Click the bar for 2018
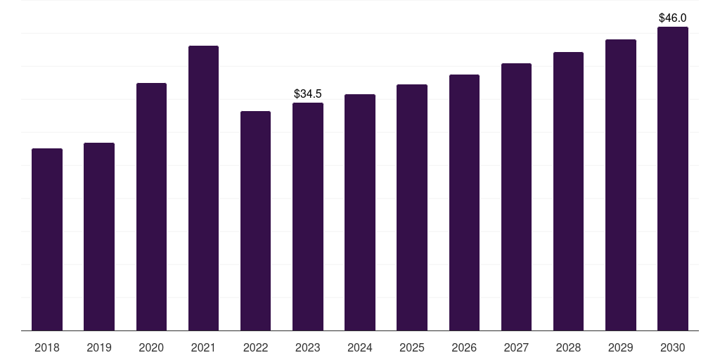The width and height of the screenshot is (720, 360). click(47, 239)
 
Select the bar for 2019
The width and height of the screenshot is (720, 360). click(99, 236)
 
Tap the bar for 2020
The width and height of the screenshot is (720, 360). click(151, 207)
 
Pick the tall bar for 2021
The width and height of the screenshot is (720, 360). click(203, 188)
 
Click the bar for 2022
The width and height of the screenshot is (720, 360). click(255, 221)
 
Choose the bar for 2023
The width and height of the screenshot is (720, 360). click(308, 217)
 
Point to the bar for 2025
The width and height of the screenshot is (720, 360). click(412, 207)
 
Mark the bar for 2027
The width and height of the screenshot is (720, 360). click(516, 197)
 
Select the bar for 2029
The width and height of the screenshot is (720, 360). click(620, 185)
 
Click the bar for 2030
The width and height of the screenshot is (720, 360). click(672, 179)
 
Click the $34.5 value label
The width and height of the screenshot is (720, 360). click(308, 94)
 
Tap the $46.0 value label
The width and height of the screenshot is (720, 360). click(672, 18)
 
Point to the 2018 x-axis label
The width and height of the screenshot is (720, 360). click(47, 347)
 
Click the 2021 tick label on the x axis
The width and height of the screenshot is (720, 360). click(203, 347)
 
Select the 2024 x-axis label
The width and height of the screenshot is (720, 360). click(360, 347)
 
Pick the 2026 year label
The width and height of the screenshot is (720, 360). click(464, 347)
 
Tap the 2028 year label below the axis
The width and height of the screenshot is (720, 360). click(568, 347)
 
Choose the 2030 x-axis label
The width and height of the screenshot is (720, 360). click(672, 347)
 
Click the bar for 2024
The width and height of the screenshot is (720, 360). click(360, 212)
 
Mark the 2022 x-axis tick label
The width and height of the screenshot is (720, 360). click(255, 347)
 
